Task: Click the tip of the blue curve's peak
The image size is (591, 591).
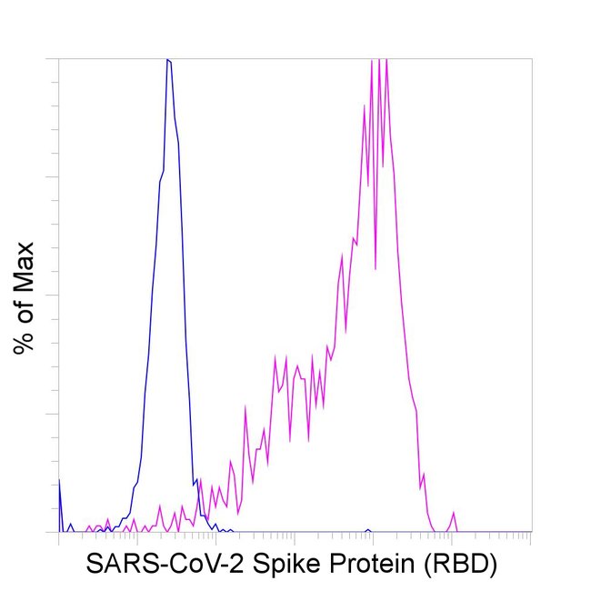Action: [168, 60]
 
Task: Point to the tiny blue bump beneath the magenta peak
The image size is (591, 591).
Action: [367, 529]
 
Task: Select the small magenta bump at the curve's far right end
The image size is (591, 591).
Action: [453, 515]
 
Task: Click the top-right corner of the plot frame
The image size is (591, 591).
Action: [531, 59]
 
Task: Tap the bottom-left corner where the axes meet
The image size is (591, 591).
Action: [59, 532]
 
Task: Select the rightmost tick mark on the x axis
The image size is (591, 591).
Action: [529, 537]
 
